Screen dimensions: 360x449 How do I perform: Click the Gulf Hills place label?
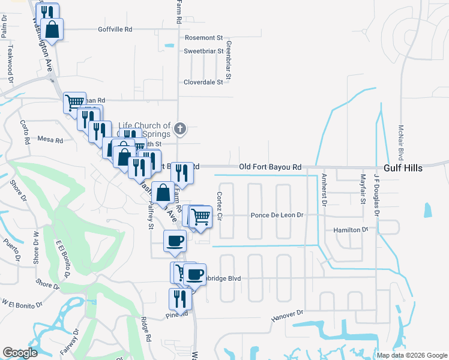(403, 168)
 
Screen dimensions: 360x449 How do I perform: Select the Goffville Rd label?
(115, 29)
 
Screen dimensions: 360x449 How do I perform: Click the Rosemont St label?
(203, 37)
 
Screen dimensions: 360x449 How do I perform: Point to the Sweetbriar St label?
(203, 52)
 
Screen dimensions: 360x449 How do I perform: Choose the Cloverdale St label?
(203, 82)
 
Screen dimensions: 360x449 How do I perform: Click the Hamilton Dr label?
(351, 230)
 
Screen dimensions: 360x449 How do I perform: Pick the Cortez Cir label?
(220, 205)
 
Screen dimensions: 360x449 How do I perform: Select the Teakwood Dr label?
(10, 61)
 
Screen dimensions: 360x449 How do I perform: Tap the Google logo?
(20, 353)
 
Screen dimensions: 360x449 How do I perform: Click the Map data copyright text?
(412, 355)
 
